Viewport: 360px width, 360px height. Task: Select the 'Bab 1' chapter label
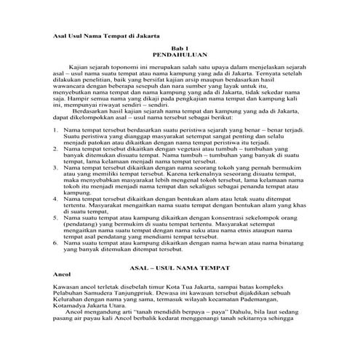point(179,47)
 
